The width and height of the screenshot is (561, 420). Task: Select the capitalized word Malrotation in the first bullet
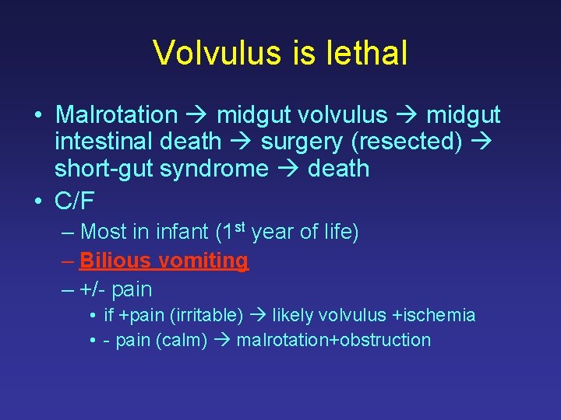tap(117, 115)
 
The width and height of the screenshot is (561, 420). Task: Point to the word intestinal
tap(104, 142)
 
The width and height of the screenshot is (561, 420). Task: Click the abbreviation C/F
tap(75, 201)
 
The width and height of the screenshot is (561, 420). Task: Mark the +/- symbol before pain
tap(93, 289)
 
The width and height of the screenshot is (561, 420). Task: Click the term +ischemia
tap(433, 315)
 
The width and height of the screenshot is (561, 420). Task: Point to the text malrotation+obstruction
tap(333, 340)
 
